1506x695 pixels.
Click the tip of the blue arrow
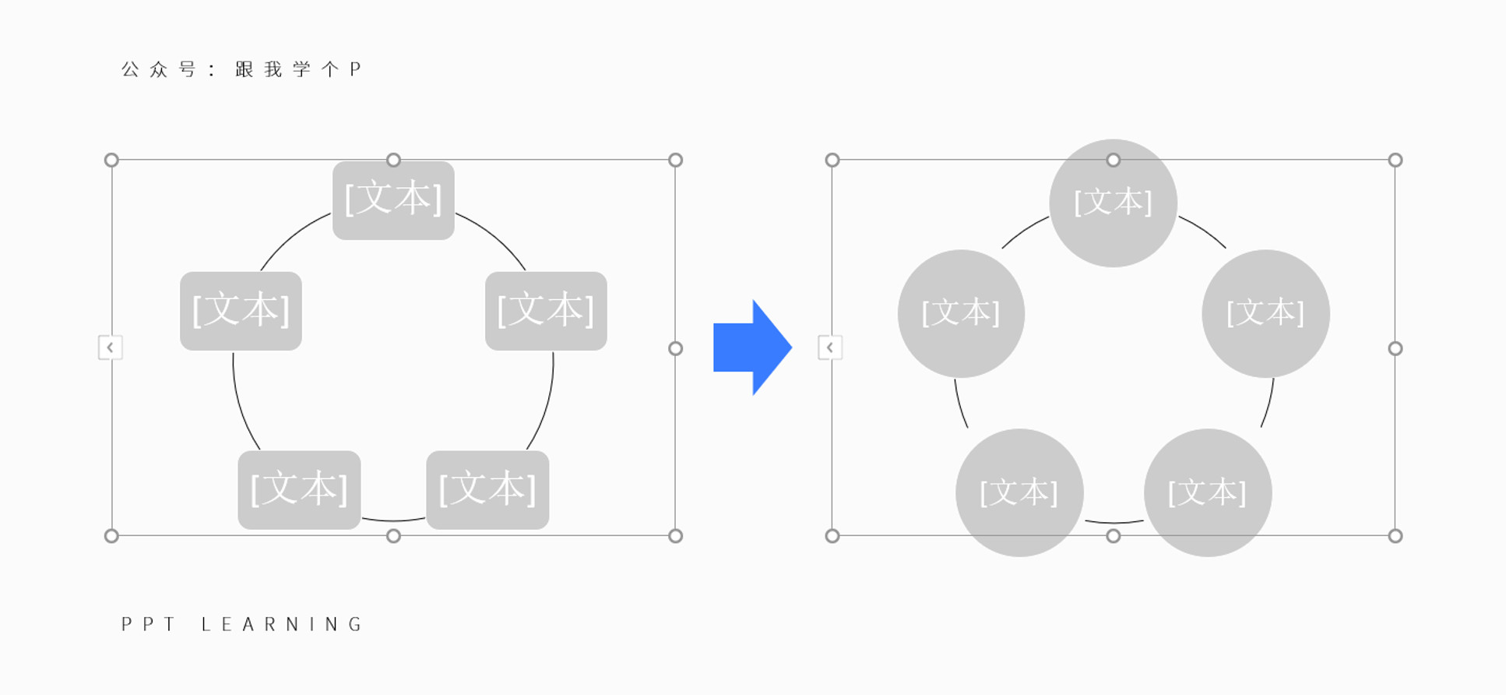(792, 347)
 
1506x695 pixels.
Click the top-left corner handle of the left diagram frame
(111, 160)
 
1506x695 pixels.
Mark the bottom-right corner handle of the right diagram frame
(1395, 535)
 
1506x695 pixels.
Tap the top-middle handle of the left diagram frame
(393, 160)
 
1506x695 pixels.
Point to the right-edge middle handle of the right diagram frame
(1395, 348)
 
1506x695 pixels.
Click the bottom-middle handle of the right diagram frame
(1113, 535)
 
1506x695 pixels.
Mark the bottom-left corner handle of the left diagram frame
(111, 535)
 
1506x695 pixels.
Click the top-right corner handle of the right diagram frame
(1395, 160)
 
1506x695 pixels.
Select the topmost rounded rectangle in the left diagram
(393, 200)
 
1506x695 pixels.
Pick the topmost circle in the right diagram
(1113, 203)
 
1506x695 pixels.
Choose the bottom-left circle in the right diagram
(1019, 492)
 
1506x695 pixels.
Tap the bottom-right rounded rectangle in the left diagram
(487, 490)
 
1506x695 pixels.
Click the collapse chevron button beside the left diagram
(110, 347)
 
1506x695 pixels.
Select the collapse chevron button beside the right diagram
(830, 347)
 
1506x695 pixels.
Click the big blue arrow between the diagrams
(752, 347)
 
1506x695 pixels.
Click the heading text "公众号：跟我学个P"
(241, 69)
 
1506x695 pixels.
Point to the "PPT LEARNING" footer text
(241, 624)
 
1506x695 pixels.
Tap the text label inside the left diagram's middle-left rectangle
(241, 310)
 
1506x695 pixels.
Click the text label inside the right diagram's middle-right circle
(1265, 313)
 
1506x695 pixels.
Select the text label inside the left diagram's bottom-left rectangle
(299, 489)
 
